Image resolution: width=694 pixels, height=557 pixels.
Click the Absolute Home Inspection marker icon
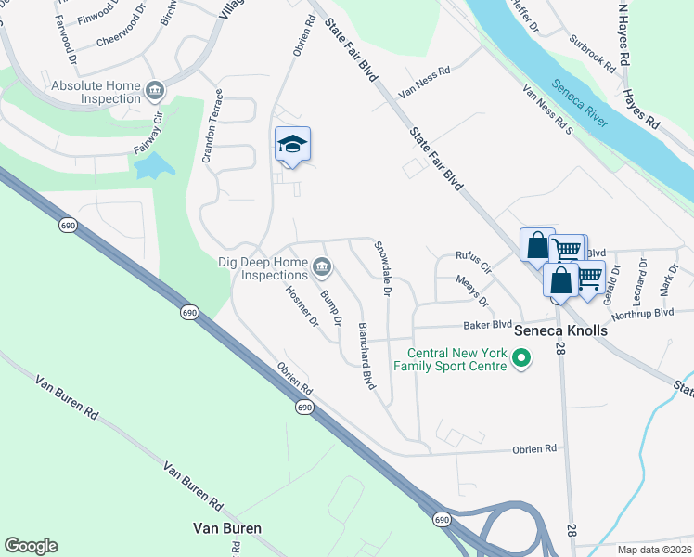pyautogui.click(x=155, y=90)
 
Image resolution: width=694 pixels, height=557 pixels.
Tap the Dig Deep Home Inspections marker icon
pyautogui.click(x=322, y=268)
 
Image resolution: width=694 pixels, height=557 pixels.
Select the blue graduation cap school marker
pyautogui.click(x=292, y=145)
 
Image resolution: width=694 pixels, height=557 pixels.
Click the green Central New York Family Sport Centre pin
pyautogui.click(x=521, y=357)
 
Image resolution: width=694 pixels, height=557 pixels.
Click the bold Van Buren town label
pyautogui.click(x=226, y=528)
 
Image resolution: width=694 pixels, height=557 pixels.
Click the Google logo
pyautogui.click(x=31, y=546)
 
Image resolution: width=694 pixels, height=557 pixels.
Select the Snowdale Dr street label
pyautogui.click(x=381, y=268)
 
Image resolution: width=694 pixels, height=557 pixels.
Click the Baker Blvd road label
pyautogui.click(x=488, y=325)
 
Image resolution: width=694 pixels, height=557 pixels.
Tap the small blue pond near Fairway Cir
pyautogui.click(x=153, y=166)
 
